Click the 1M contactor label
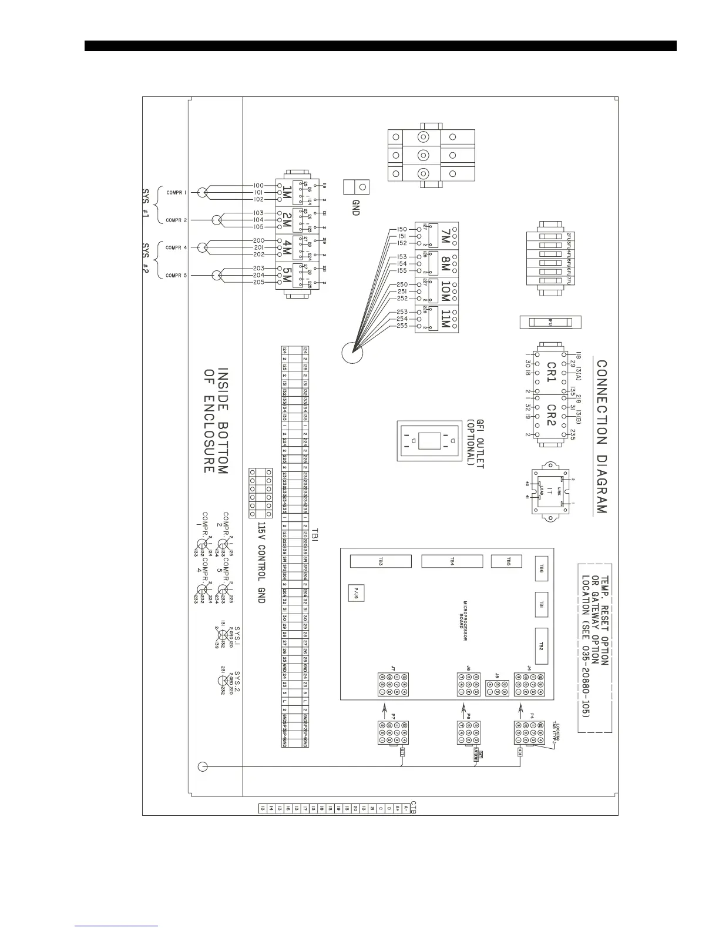click(287, 192)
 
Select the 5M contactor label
click(287, 275)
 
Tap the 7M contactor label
click(445, 237)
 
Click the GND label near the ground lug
click(355, 207)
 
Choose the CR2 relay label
click(551, 416)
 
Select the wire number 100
click(258, 186)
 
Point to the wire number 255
click(402, 326)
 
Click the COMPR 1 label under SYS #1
click(176, 192)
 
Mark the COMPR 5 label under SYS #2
click(176, 275)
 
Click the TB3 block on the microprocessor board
click(380, 561)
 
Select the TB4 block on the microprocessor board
click(452, 561)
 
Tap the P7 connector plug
click(393, 734)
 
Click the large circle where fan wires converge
click(352, 353)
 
